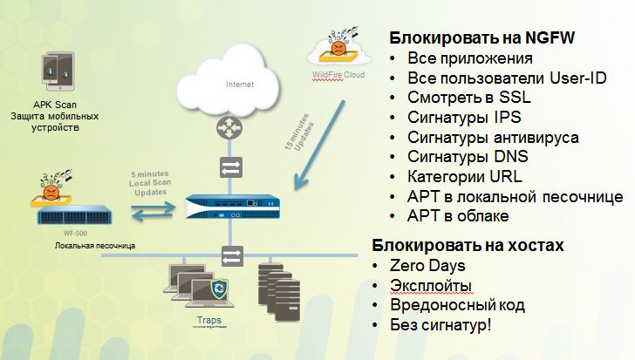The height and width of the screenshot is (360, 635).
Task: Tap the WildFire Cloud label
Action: (340, 77)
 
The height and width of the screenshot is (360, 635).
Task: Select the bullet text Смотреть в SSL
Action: (468, 98)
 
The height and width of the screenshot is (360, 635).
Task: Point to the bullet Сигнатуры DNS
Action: (468, 157)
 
